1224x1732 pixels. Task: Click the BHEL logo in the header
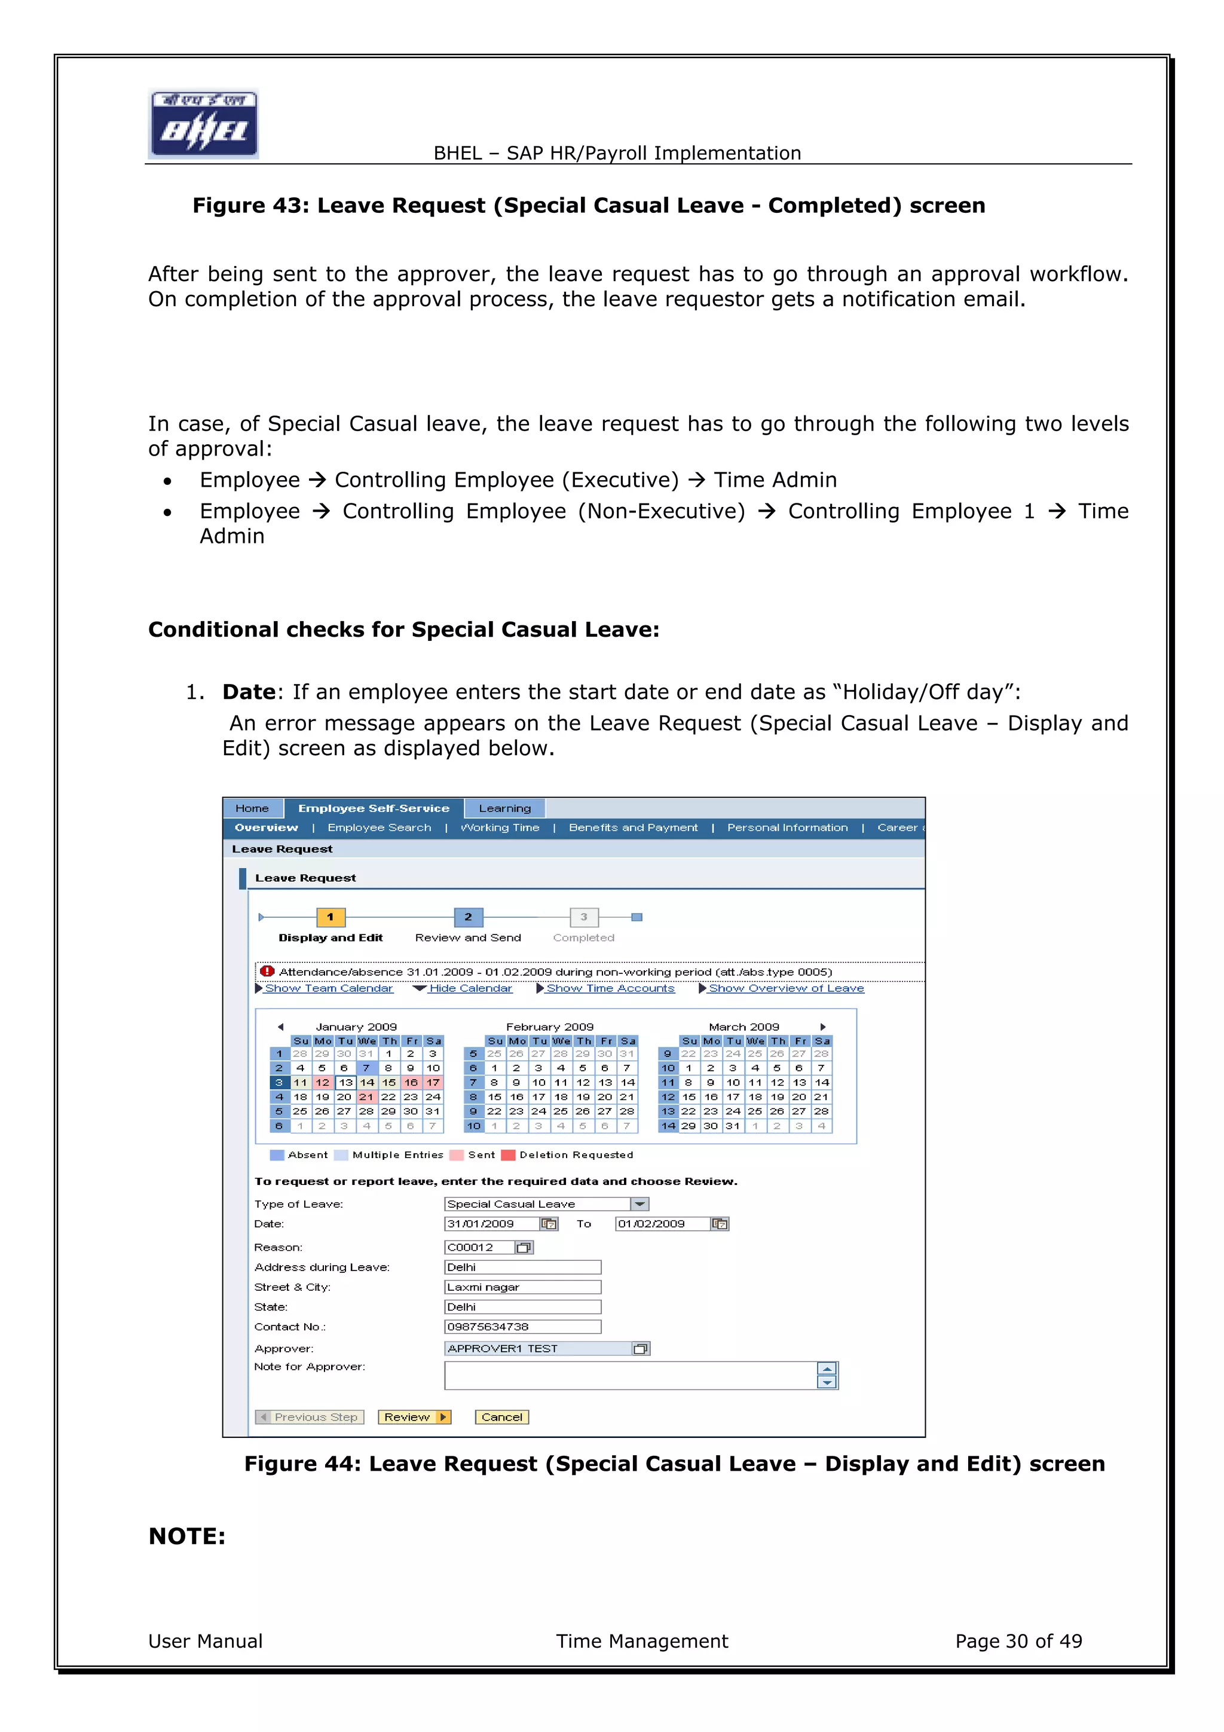click(204, 124)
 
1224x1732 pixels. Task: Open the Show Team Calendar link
click(328, 988)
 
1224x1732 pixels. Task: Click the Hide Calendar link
click(470, 988)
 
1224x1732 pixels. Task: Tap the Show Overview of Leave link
click(786, 988)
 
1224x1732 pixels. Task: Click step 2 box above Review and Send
click(469, 917)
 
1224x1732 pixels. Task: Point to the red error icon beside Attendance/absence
click(267, 971)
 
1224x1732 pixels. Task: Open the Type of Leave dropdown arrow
click(639, 1204)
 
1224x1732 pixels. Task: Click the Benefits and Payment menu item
click(633, 827)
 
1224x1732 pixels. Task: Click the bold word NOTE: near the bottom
click(187, 1536)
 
